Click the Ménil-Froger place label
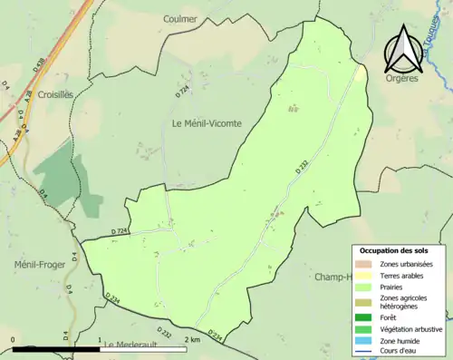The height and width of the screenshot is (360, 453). tap(38, 265)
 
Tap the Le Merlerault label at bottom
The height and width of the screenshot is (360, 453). tap(132, 345)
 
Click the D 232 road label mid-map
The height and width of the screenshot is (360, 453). tap(303, 166)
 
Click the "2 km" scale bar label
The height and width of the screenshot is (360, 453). tap(191, 340)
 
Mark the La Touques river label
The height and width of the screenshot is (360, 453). tap(438, 41)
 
